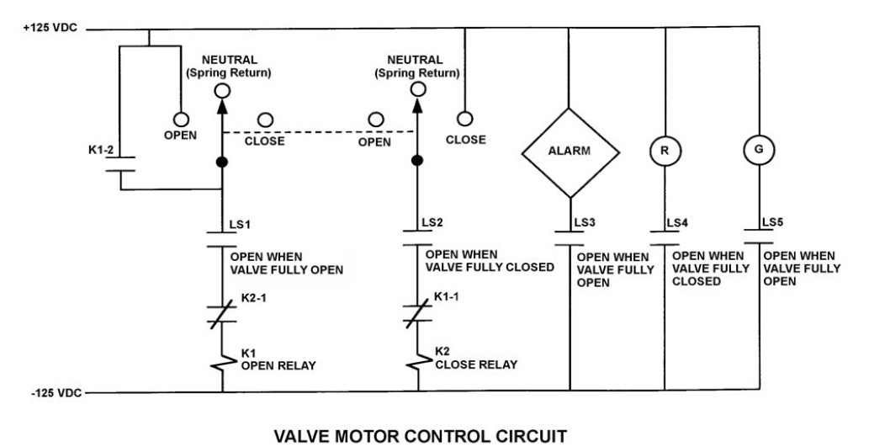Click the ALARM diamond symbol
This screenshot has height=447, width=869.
pyautogui.click(x=570, y=152)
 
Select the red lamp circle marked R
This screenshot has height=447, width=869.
pyautogui.click(x=665, y=152)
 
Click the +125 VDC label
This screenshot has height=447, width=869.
pyautogui.click(x=51, y=28)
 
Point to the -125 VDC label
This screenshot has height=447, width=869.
pyautogui.click(x=50, y=392)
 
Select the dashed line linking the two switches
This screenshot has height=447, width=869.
pyautogui.click(x=320, y=130)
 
